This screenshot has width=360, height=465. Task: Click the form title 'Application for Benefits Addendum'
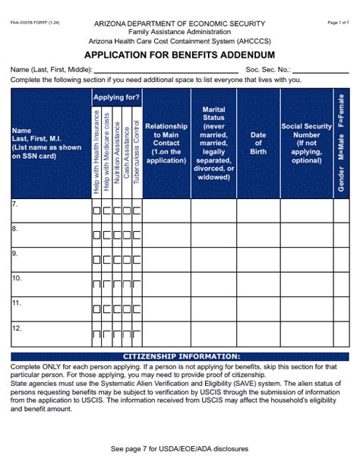[x=180, y=55]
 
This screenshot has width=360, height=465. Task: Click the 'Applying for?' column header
[x=116, y=97]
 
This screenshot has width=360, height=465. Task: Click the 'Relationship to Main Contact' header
[x=166, y=143]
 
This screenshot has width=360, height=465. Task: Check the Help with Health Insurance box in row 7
[x=96, y=211]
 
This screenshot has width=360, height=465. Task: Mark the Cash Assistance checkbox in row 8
[x=127, y=236]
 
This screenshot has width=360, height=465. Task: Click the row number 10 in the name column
[x=16, y=278]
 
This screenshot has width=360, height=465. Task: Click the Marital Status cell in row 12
[x=213, y=334]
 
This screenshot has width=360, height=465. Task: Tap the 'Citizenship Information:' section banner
[x=181, y=356]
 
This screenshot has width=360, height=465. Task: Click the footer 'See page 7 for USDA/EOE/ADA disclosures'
[x=180, y=449]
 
